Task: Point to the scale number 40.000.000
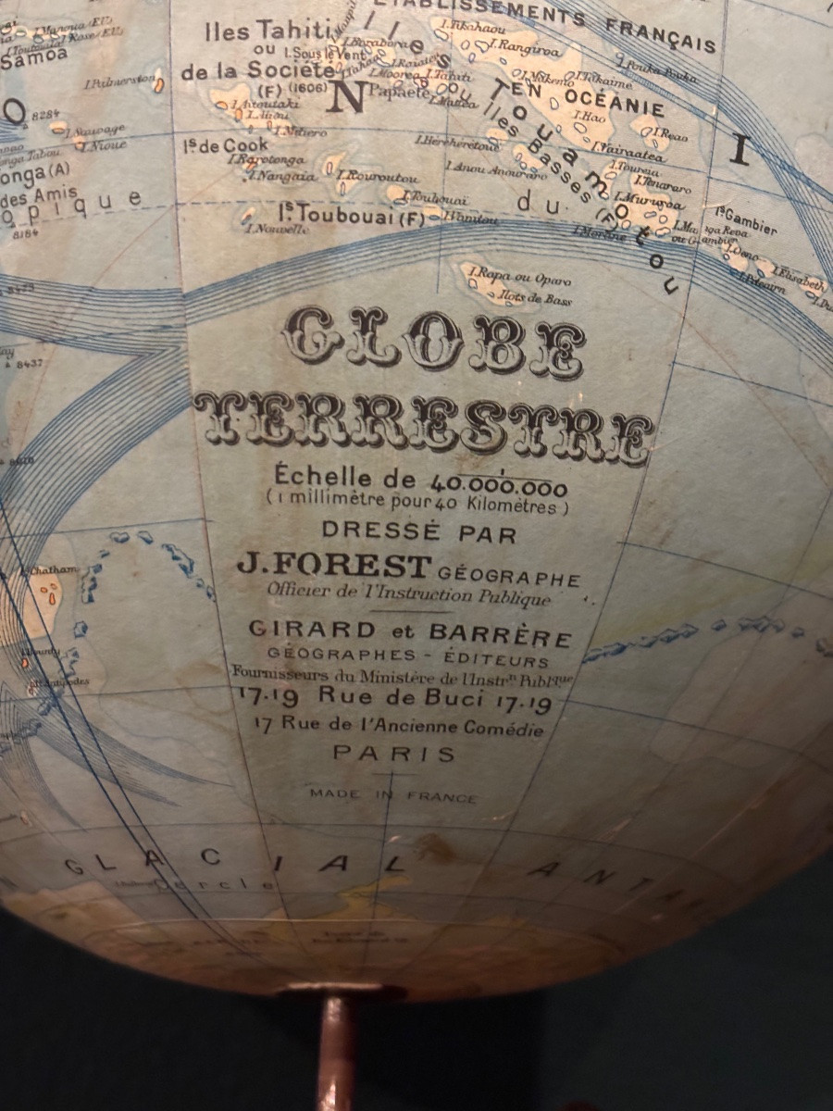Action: point(498,483)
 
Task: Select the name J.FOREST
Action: point(334,564)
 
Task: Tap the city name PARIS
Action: point(394,754)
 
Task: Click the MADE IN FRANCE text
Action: point(393,795)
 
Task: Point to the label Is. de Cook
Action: point(226,144)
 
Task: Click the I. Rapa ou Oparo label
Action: point(519,277)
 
